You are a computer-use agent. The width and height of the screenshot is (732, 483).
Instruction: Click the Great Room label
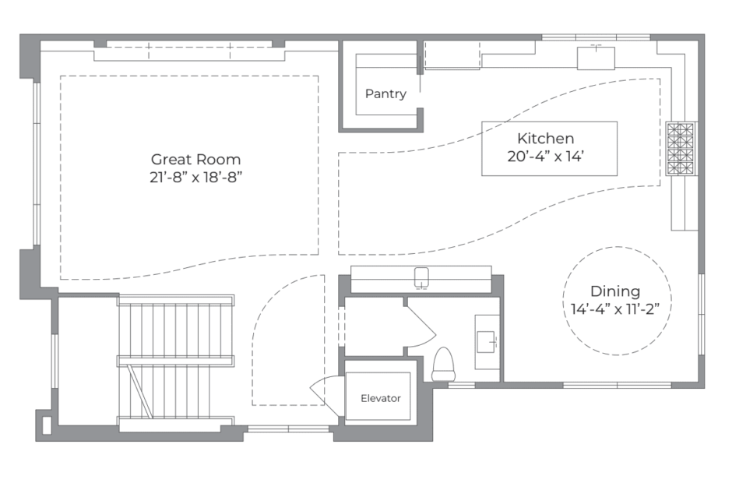pos(195,160)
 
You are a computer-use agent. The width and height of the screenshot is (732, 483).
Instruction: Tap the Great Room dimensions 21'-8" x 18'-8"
pos(195,178)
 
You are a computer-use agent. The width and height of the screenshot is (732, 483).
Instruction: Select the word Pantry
pos(385,94)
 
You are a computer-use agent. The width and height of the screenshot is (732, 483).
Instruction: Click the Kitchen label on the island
pos(545,138)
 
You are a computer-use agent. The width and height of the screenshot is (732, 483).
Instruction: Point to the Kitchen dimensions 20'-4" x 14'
pos(545,156)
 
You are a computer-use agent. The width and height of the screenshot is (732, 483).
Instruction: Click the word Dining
pos(615,291)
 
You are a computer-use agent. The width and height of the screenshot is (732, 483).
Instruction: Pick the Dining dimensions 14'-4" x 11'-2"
pos(615,309)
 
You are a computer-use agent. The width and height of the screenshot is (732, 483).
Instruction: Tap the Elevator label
pos(381,398)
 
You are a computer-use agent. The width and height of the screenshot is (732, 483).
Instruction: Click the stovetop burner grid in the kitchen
pos(681,149)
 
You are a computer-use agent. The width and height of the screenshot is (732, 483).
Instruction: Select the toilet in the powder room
pos(443,365)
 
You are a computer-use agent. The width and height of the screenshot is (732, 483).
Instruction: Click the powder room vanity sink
pos(486,343)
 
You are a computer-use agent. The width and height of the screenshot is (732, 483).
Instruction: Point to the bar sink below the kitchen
pos(421,277)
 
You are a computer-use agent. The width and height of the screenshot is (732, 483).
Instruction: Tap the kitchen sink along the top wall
pos(596,58)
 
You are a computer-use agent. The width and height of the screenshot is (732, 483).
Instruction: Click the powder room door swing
pos(421,326)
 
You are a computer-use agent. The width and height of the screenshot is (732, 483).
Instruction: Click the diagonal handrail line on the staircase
pos(140,391)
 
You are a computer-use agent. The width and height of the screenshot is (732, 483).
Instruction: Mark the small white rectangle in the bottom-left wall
pos(47,424)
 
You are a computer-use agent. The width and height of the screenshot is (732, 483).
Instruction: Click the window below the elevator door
pos(288,428)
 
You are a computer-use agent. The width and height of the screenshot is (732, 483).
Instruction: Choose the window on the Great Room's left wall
pos(37,164)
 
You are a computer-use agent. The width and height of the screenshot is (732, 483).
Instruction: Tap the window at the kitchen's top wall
pos(597,37)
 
